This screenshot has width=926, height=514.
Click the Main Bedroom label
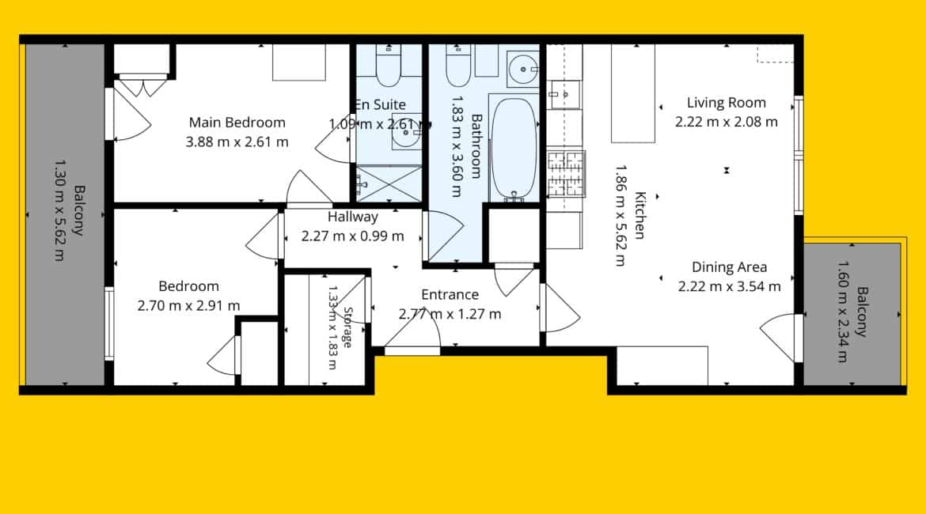[237, 122]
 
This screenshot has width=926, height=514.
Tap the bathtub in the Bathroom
[514, 148]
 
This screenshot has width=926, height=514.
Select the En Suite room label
[381, 104]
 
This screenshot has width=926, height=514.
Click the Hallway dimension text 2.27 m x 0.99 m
[352, 236]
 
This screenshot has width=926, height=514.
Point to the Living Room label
[727, 103]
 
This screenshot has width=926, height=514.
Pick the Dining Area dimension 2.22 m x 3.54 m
[730, 287]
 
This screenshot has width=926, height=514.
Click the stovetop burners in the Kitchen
[566, 173]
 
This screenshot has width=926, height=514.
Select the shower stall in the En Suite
[389, 184]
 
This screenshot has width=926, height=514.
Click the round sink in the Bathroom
[522, 70]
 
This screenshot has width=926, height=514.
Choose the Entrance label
[450, 294]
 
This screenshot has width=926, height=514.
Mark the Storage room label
[347, 327]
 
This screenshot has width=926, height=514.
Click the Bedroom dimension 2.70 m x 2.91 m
[188, 306]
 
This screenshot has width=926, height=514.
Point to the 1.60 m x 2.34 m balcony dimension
[844, 311]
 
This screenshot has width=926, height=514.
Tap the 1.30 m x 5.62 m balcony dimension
[59, 210]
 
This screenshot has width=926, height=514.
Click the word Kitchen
[640, 215]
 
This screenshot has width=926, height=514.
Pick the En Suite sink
[407, 132]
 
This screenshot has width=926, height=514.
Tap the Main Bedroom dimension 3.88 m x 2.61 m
[237, 142]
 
